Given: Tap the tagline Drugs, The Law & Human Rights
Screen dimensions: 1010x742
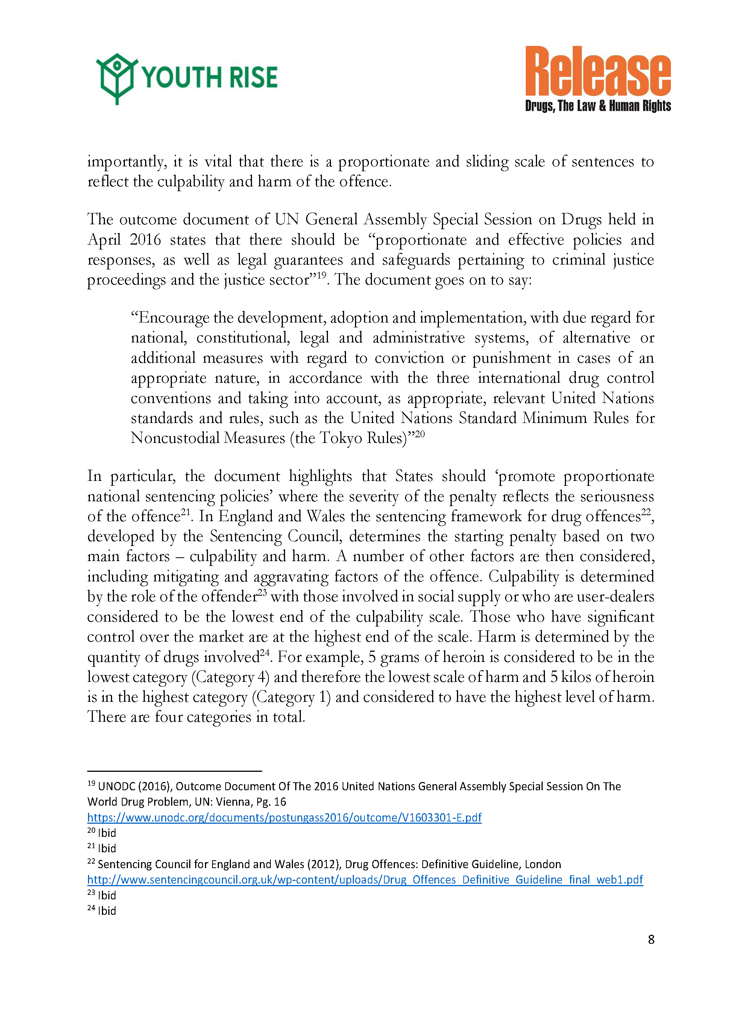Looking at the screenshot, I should [598, 106].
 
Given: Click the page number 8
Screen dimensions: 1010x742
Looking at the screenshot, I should [651, 939].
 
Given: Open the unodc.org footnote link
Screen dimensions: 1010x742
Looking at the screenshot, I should [284, 817].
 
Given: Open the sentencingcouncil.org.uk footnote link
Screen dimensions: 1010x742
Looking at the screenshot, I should [365, 880].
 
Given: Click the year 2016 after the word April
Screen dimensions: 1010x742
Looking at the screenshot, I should [145, 239].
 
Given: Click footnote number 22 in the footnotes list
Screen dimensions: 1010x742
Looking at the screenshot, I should [91, 862].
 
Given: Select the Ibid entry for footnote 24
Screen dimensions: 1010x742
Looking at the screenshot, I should [107, 911].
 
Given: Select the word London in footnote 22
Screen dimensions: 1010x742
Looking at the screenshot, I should [543, 864].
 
